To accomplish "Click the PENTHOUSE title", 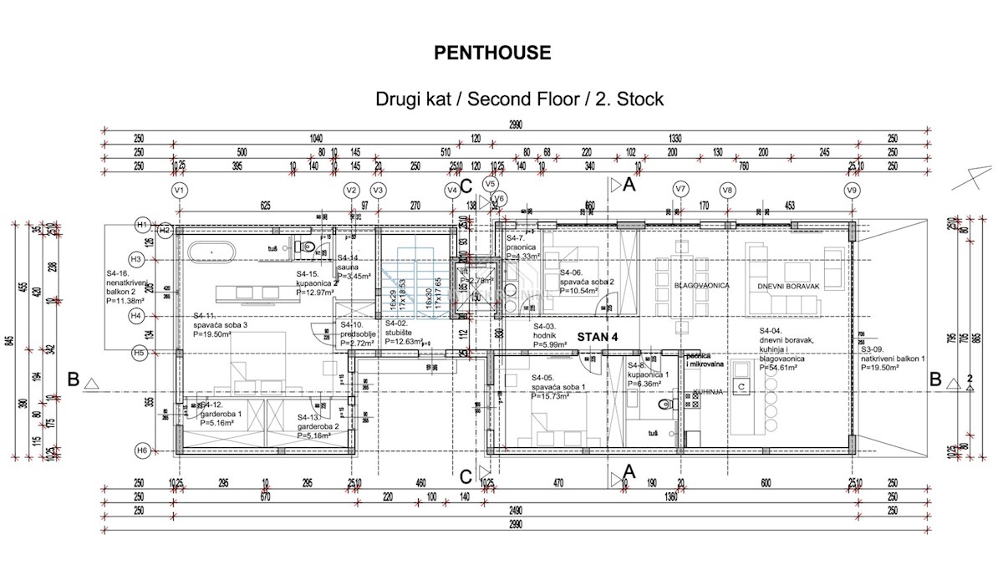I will pyautogui.click(x=492, y=53).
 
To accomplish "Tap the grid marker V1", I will pyautogui.click(x=178, y=191).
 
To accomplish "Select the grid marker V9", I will pyautogui.click(x=852, y=191).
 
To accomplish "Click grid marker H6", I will pyautogui.click(x=142, y=451).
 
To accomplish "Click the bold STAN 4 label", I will pyautogui.click(x=599, y=337).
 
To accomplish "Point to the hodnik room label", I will pyautogui.click(x=547, y=334).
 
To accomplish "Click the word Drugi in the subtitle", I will pyautogui.click(x=398, y=99).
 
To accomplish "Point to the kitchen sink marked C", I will pyautogui.click(x=741, y=385).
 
